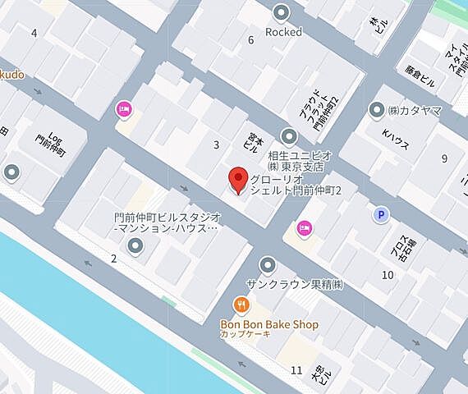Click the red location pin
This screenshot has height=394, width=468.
(238, 180)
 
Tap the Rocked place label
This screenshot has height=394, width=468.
(283, 32)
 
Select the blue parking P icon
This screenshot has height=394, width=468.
(380, 215)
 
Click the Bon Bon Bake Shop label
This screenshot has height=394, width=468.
(268, 324)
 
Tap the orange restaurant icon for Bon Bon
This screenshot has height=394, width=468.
(241, 305)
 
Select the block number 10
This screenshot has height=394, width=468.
(387, 273)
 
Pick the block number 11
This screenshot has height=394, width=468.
(296, 370)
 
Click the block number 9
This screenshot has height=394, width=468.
(444, 158)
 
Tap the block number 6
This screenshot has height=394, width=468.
(250, 40)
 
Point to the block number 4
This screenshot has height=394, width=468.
(34, 33)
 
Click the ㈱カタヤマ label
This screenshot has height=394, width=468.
(415, 110)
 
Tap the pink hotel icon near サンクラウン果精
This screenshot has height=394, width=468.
(304, 228)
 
